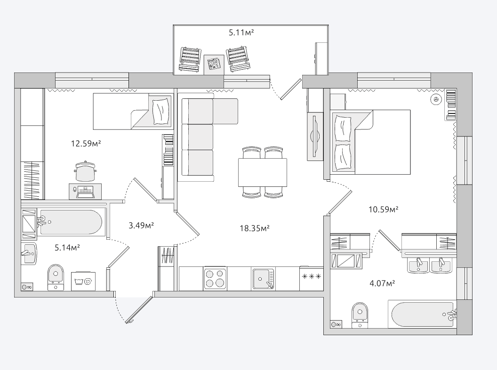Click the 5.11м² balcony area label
pyautogui.click(x=241, y=32)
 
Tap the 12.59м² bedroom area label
pyautogui.click(x=86, y=144)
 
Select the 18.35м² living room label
pyautogui.click(x=255, y=228)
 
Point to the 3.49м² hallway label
pyautogui.click(x=141, y=225)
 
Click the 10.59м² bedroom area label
pyautogui.click(x=383, y=209)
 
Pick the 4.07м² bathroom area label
pyautogui.click(x=382, y=283)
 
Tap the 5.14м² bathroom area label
pyautogui.click(x=67, y=248)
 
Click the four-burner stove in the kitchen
pyautogui.click(x=215, y=278)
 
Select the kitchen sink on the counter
pyautogui.click(x=264, y=279)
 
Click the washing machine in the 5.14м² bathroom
pyautogui.click(x=83, y=281)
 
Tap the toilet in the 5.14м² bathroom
pyautogui.click(x=56, y=277)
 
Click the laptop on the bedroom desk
pyautogui.click(x=85, y=192)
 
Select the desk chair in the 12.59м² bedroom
pyautogui.click(x=85, y=172)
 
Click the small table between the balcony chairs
pyautogui.click(x=214, y=64)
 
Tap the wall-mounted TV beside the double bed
pyautogui.click(x=314, y=137)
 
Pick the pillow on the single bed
pyautogui.click(x=160, y=112)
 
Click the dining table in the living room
pyautogui.click(x=263, y=172)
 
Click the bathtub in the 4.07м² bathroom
pyautogui.click(x=422, y=314)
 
